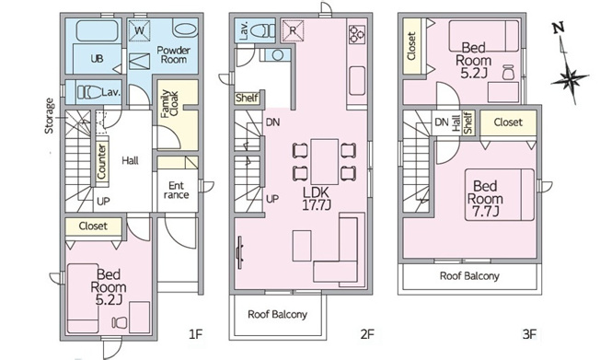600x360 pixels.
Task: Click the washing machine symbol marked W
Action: click(x=139, y=30)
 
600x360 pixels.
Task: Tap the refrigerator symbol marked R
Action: click(x=294, y=30)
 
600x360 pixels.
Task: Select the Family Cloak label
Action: click(x=169, y=104)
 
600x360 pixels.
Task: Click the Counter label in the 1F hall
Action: click(x=101, y=161)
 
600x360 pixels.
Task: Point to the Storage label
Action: click(x=50, y=116)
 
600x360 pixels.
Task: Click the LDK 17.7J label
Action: click(x=317, y=198)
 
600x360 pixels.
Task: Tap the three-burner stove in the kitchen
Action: click(x=357, y=33)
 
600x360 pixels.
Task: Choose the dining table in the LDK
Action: click(x=325, y=162)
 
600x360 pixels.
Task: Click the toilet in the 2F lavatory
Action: click(x=264, y=29)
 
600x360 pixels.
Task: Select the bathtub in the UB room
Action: click(x=97, y=31)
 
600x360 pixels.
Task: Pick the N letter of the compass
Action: click(x=559, y=29)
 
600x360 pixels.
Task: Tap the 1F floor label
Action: click(x=195, y=334)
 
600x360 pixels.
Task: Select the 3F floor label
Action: click(x=529, y=334)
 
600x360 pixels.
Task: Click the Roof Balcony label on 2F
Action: click(x=277, y=315)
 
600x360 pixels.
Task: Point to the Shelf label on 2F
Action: click(x=247, y=98)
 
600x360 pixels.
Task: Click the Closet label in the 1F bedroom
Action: click(x=93, y=226)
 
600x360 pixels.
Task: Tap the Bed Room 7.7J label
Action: click(x=485, y=199)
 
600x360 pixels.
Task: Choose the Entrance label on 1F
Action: click(x=176, y=191)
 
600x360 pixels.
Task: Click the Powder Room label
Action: click(x=173, y=54)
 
